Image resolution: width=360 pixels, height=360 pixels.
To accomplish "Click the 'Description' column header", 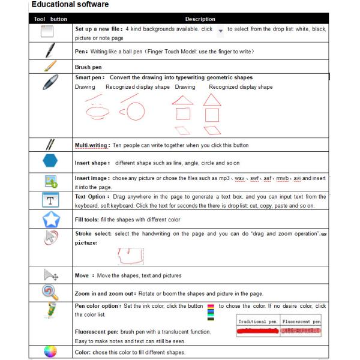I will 200,19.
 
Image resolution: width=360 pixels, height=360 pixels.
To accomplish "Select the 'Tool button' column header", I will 51,19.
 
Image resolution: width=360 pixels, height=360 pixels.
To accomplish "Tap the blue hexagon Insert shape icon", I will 51,161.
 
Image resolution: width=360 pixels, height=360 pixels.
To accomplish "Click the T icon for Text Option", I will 50,200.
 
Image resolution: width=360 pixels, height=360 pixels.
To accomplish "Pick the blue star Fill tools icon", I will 51,220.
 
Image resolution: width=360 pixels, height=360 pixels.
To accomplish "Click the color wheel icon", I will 50,352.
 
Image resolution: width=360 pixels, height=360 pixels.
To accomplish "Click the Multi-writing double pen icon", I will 50,145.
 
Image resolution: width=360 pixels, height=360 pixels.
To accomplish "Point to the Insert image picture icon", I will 50,181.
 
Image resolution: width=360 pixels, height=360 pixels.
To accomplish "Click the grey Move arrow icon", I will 50,275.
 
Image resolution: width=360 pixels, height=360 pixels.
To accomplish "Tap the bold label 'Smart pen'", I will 89,77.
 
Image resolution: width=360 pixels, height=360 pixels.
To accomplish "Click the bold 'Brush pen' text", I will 89,67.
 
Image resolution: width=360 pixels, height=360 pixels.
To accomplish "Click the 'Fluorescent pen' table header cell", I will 302,322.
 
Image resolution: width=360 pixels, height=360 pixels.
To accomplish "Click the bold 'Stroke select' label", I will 92,233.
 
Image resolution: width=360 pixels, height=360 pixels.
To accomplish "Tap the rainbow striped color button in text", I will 210,307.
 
